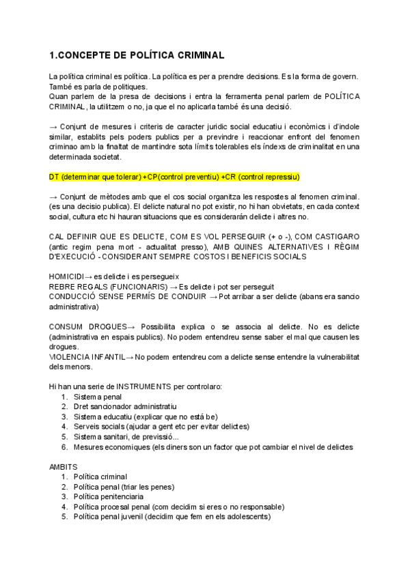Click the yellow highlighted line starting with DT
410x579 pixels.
click(174, 177)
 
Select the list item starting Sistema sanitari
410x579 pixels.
click(127, 437)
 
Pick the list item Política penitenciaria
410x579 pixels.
click(109, 496)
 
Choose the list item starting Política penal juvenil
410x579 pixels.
click(171, 517)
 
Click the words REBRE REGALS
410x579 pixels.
click(77, 286)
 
